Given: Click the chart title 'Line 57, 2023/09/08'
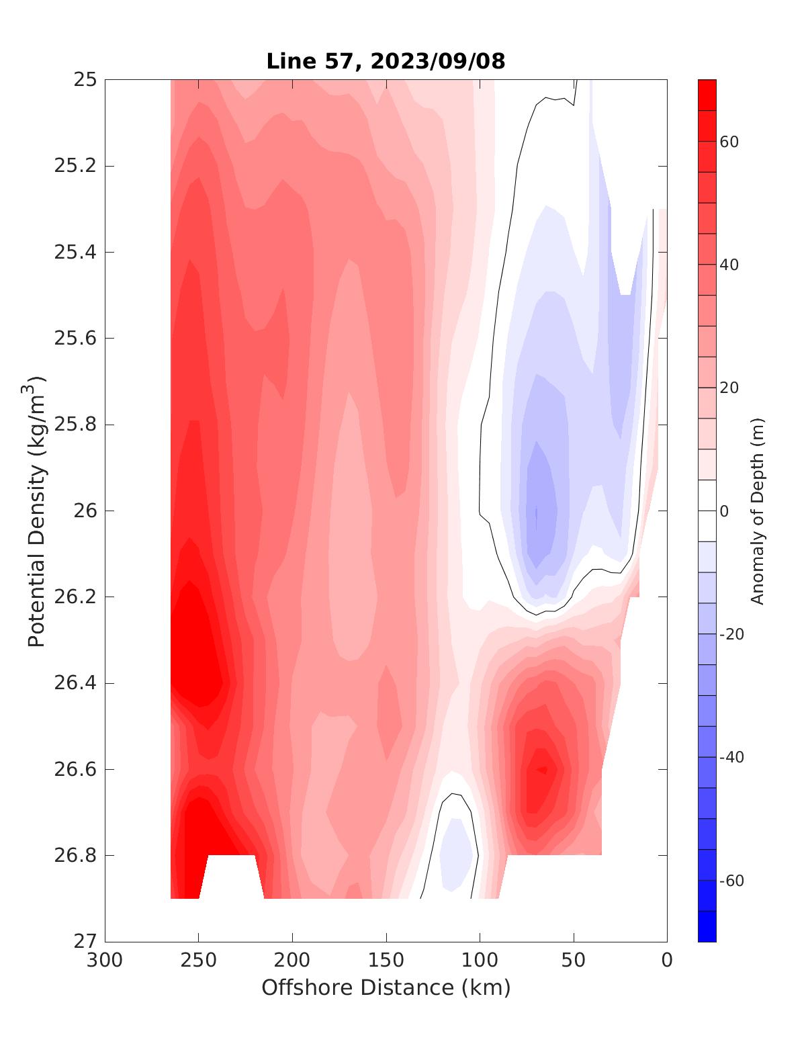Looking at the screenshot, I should (x=386, y=61).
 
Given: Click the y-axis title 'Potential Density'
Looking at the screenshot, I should (x=37, y=511).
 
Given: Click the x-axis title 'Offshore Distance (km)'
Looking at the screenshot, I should (x=386, y=987).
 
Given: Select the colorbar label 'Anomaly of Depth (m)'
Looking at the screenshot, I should (x=758, y=511).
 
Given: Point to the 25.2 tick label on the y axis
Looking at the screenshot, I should (x=75, y=166).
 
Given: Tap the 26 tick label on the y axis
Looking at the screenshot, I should (x=84, y=511).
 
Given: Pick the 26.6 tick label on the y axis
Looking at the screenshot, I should (x=75, y=769).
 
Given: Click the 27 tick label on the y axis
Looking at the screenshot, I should (x=84, y=941).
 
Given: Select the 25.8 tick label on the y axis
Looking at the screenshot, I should (x=75, y=425).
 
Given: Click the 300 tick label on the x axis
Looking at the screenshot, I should (x=105, y=961).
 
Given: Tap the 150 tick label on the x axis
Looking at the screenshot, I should (x=386, y=961).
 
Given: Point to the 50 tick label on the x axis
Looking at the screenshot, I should (x=573, y=961).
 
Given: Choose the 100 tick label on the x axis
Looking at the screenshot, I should (x=480, y=961).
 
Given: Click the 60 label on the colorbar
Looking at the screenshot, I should (x=729, y=142).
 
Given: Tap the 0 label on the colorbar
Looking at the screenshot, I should (x=724, y=511).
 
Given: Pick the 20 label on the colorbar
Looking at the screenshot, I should (x=729, y=388).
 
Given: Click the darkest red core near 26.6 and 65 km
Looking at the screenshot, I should (x=541, y=769).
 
